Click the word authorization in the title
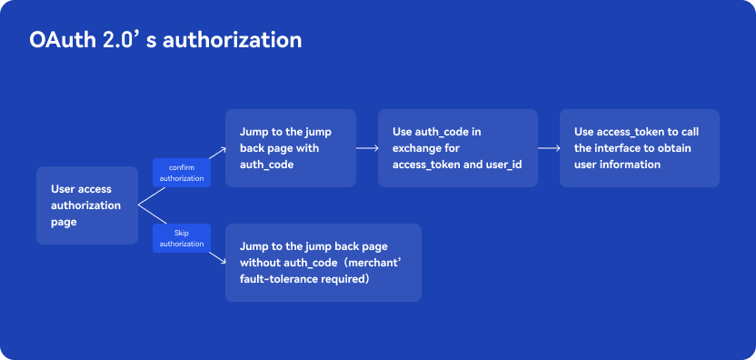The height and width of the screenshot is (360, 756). pyautogui.click(x=232, y=40)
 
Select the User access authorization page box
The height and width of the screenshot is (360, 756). pyautogui.click(x=87, y=205)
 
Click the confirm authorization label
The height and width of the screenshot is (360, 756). pyautogui.click(x=182, y=173)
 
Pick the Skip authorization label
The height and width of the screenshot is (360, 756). pyautogui.click(x=182, y=238)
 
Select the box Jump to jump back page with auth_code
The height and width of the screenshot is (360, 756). pyautogui.click(x=291, y=147)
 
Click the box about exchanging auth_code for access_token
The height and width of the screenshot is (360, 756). pyautogui.click(x=458, y=147)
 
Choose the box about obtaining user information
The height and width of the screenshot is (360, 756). pyautogui.click(x=640, y=147)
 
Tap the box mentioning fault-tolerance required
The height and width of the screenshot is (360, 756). pyautogui.click(x=323, y=263)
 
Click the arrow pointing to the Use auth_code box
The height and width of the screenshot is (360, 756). pyautogui.click(x=367, y=148)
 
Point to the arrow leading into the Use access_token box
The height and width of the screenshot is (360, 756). pyautogui.click(x=549, y=148)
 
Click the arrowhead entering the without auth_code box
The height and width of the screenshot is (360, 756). pyautogui.click(x=224, y=261)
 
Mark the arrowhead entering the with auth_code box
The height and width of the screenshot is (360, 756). pyautogui.click(x=224, y=150)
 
